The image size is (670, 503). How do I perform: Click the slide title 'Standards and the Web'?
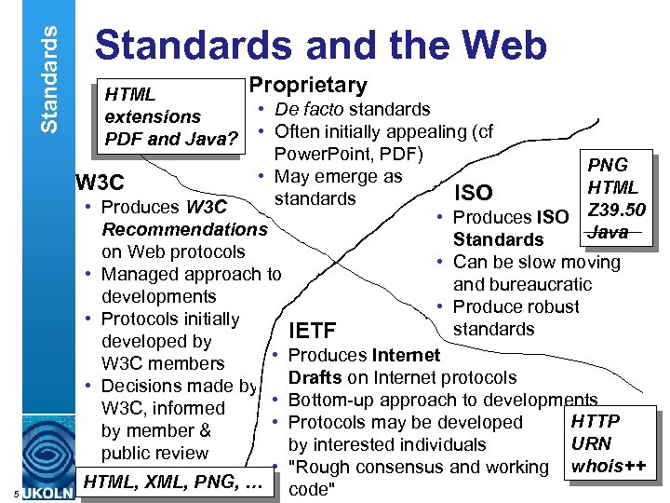(321, 46)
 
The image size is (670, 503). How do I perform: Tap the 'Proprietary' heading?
(307, 86)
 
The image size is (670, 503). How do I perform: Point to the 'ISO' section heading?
(472, 193)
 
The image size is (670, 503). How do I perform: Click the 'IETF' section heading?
(312, 331)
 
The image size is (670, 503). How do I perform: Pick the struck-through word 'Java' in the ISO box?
(609, 231)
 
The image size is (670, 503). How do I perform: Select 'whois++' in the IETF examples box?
(610, 466)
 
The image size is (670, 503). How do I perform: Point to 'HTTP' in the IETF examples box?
(595, 421)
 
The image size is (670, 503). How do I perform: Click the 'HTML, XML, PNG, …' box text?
(176, 482)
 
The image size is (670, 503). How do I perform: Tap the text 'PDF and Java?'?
(172, 140)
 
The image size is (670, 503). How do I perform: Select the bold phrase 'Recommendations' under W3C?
(184, 229)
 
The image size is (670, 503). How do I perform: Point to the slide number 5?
(7, 493)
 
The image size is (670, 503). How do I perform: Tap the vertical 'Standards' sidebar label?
(51, 67)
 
